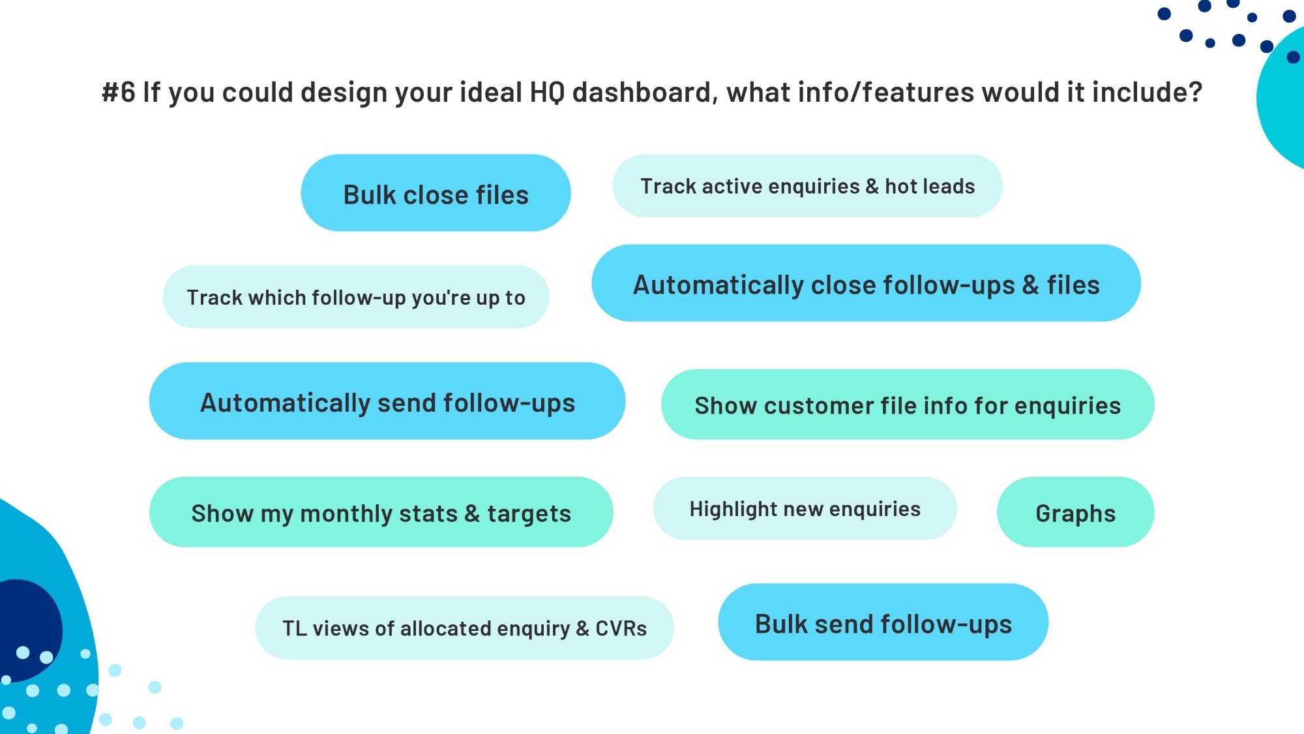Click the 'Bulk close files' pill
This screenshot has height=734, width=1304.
436,192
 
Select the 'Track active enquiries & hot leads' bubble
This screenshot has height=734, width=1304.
807,186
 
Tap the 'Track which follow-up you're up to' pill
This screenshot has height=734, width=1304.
356,297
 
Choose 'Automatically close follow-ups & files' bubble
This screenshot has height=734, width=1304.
866,283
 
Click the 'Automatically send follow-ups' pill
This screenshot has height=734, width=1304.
387,401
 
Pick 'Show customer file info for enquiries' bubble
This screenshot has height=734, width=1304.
908,405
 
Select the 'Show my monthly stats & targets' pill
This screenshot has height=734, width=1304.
381,512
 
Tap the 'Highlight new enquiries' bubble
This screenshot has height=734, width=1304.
805,508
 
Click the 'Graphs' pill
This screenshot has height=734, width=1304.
1075,512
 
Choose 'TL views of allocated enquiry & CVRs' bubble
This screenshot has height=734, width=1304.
464,628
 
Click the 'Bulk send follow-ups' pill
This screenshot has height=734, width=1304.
883,622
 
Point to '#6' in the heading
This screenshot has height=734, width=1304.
118,92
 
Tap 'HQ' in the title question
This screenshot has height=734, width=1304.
546,92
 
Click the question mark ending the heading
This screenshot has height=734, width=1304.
1195,92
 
